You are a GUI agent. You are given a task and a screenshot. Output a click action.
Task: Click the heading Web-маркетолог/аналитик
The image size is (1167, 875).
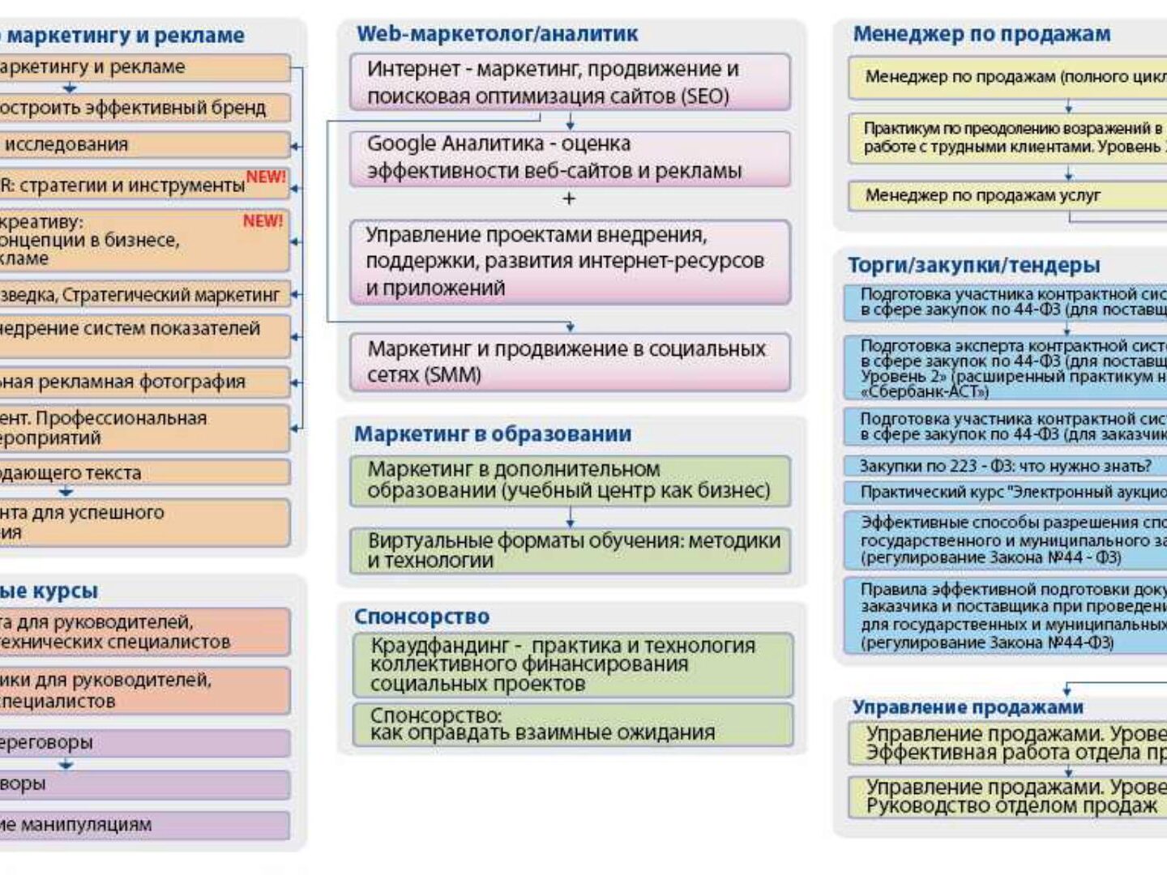pos(497,34)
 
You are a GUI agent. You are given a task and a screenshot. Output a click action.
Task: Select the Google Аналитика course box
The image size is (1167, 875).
pos(569,158)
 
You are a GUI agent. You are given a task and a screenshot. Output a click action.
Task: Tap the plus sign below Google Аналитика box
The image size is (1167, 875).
pos(569,198)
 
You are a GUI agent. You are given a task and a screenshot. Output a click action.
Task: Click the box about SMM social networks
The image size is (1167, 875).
pos(569,362)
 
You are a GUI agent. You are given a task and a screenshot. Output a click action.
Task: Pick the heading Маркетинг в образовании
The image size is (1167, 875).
pos(492,434)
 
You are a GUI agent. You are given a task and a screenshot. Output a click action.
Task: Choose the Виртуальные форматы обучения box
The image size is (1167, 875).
pos(569,551)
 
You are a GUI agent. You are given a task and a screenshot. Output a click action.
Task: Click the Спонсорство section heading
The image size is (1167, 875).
pos(421,617)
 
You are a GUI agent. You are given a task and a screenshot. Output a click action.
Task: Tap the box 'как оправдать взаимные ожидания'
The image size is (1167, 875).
pos(572,724)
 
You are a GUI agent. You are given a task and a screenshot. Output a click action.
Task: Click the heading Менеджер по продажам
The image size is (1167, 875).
pos(981,34)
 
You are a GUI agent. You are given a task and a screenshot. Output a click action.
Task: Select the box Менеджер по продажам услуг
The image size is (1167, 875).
pos(1005,195)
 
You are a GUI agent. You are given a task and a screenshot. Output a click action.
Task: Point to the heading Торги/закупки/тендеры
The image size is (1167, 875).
pos(973,265)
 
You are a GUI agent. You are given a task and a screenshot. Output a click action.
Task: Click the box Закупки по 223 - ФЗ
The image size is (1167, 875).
pos(1005,466)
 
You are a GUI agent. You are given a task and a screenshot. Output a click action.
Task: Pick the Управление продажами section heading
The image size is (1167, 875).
pos(967,707)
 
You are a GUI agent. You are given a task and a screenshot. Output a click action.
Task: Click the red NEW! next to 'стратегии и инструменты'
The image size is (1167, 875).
pos(266,177)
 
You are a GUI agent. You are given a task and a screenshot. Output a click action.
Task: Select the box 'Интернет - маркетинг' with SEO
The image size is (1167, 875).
pos(569,82)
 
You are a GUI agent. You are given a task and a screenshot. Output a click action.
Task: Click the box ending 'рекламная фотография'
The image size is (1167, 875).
pos(142,382)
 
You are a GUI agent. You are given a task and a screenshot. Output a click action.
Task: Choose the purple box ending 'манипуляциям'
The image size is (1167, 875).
pos(142,825)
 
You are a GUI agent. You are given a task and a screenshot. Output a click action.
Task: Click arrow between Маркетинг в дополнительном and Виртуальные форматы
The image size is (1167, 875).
pos(570,518)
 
